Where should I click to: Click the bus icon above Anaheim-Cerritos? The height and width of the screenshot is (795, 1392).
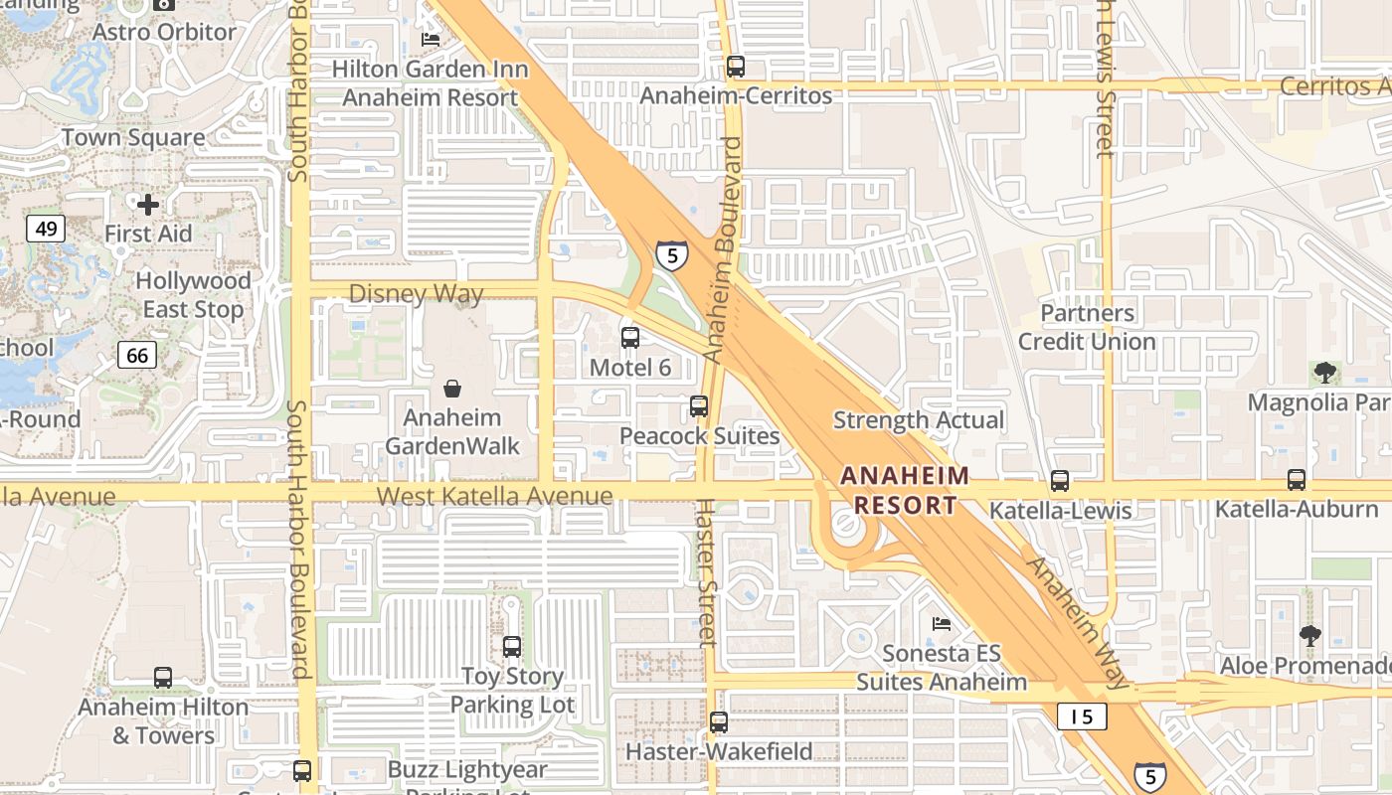coord(736,67)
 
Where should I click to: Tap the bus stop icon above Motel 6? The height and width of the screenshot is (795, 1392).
coord(630,337)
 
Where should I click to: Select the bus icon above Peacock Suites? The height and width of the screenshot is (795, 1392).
coord(699,405)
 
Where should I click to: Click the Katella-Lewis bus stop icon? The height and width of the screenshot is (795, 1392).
coord(1060,481)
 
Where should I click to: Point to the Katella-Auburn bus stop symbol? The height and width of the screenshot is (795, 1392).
coord(1297,479)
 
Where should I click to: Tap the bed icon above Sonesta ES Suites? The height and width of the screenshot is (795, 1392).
coord(941,624)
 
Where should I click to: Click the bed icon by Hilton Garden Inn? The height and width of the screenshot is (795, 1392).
coord(431,39)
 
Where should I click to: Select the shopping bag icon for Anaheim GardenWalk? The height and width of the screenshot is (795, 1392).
coord(452,389)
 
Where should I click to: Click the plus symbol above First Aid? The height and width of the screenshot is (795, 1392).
coord(148,205)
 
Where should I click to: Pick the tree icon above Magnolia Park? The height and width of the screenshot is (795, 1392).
coord(1324,374)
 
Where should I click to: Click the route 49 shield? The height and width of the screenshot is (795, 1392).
coord(46,230)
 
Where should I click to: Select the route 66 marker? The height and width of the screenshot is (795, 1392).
coord(137,355)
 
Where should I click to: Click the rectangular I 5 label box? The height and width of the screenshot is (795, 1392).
coord(1082,715)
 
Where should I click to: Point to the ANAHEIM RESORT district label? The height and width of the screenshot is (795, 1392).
coord(905,490)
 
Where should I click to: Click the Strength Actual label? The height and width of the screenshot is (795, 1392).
coord(919,420)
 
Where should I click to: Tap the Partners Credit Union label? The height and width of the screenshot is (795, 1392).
coord(1087,327)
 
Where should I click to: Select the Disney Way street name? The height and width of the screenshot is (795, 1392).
coord(416,294)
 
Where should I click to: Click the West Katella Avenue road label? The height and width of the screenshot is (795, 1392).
coord(494,496)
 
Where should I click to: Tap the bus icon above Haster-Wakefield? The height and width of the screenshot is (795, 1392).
coord(719,722)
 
